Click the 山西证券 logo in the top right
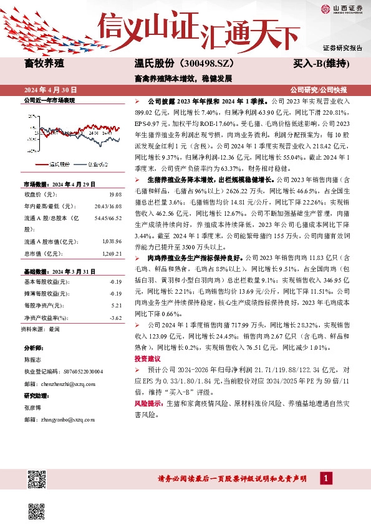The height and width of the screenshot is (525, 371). coord(342,8)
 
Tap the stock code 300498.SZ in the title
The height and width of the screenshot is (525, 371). coord(199,64)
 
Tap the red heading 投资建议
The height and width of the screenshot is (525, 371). coord(148,359)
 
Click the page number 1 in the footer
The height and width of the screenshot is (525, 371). coord(325,478)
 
